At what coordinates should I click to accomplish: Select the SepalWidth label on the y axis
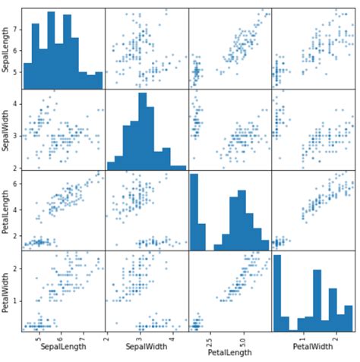tap(7, 130)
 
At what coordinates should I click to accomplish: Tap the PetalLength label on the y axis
tap(7, 212)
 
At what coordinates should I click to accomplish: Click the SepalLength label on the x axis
tap(62, 348)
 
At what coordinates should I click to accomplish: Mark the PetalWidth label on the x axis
tap(311, 348)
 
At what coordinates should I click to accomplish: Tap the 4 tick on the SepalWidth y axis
tap(16, 102)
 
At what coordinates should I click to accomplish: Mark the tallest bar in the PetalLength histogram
tap(193, 212)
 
